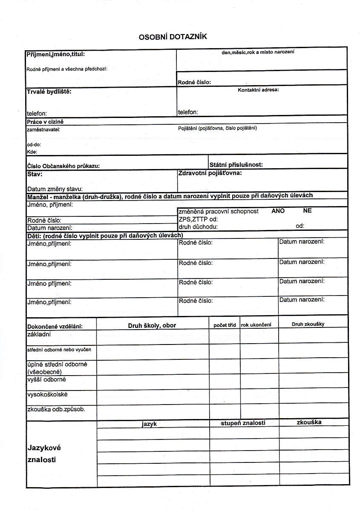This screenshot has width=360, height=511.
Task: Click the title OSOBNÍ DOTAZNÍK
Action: [x=173, y=37]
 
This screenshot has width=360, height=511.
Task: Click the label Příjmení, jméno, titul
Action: [x=55, y=55]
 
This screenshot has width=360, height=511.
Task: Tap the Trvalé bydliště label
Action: [x=49, y=92]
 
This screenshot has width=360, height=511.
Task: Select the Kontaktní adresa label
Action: [x=258, y=90]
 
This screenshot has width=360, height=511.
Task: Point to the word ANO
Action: [x=278, y=211]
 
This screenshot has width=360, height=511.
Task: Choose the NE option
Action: [x=307, y=210]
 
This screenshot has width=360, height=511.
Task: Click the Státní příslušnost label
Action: [x=236, y=164]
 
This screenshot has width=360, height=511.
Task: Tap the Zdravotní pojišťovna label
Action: [x=210, y=173]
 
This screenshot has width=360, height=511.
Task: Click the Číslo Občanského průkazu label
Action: [x=63, y=166]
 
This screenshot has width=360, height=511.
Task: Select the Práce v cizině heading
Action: [x=45, y=122]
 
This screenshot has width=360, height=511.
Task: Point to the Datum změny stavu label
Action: [x=55, y=189]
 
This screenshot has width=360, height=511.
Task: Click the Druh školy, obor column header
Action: [x=152, y=325]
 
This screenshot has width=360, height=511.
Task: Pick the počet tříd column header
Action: [x=225, y=325]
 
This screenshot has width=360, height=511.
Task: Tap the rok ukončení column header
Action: [x=259, y=325]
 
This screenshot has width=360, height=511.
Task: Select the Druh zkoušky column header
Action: [x=308, y=324]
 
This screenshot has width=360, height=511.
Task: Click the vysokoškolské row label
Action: [x=47, y=394]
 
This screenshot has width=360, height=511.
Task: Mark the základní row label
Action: [x=39, y=334]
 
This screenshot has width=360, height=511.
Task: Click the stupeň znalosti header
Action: [x=243, y=423]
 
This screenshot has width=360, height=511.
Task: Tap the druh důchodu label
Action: [x=198, y=227]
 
